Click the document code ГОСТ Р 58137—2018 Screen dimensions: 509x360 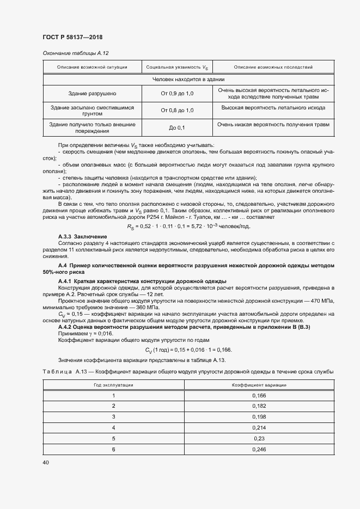(x=72, y=37)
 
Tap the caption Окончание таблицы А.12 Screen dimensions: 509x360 (x=76, y=53)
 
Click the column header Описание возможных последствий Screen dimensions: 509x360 (x=273, y=68)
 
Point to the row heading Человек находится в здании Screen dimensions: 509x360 (x=188, y=79)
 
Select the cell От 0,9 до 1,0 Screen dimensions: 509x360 (x=177, y=94)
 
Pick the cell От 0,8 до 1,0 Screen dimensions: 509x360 (x=177, y=111)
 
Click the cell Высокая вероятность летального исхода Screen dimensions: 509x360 (x=273, y=108)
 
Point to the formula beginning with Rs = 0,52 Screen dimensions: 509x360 (x=188, y=226)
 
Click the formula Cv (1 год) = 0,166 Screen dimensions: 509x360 (x=188, y=349)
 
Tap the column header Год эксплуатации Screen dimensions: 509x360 (x=113, y=384)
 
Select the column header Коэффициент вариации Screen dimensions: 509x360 (x=259, y=384)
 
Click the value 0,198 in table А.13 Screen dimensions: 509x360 (x=259, y=416)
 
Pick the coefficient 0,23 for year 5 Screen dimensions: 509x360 (x=259, y=438)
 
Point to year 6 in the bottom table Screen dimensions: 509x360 (x=113, y=449)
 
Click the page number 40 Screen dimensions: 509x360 (x=46, y=462)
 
